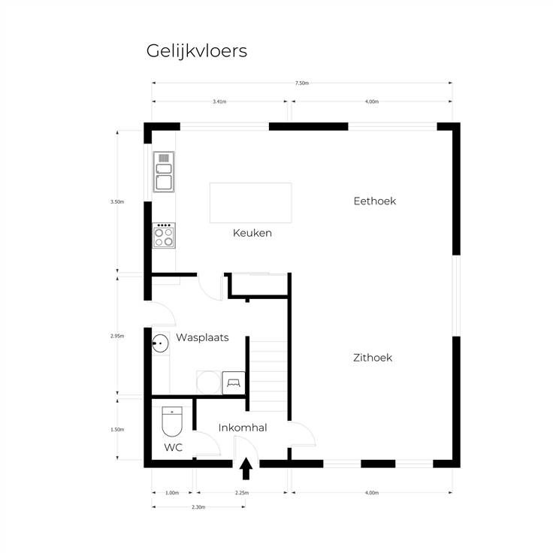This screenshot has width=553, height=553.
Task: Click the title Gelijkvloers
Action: click(196, 52)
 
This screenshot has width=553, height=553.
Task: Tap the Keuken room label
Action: click(252, 233)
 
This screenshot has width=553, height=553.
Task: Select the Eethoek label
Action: click(374, 201)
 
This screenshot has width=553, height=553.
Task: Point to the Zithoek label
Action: click(373, 358)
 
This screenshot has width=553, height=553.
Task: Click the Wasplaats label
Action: click(202, 337)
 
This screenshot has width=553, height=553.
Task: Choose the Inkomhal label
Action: click(243, 428)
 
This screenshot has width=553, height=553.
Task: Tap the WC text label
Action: click(173, 448)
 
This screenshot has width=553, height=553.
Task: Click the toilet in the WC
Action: click(172, 421)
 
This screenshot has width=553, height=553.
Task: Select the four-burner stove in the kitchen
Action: click(164, 235)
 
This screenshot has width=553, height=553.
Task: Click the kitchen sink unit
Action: click(164, 172)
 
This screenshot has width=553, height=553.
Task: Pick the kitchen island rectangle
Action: click(251, 203)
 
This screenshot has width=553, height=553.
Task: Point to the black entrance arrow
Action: click(246, 468)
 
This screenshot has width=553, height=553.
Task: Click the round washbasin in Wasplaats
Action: click(161, 343)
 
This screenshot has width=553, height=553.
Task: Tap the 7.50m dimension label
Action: click(302, 83)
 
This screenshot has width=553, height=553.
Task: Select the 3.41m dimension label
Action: click(219, 101)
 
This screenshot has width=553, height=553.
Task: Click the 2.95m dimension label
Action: click(117, 336)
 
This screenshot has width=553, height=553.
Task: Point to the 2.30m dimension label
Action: click(198, 507)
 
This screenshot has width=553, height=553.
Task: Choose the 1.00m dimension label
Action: click(172, 493)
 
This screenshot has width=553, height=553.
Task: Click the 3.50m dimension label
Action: click(117, 201)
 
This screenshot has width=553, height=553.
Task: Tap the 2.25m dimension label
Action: click(242, 493)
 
